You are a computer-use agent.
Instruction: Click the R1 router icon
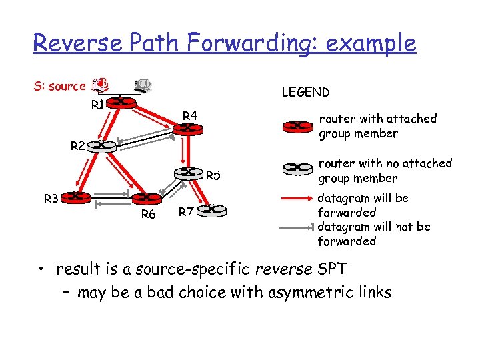(122, 102)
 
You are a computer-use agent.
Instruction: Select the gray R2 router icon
(101, 145)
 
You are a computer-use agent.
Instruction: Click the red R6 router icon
(147, 199)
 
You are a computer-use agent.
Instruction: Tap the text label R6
(148, 215)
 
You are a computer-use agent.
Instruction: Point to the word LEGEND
(305, 92)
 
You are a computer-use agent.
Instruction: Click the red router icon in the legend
(297, 125)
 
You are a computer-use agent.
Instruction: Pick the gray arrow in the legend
(297, 227)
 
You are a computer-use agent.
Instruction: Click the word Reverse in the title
(79, 43)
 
